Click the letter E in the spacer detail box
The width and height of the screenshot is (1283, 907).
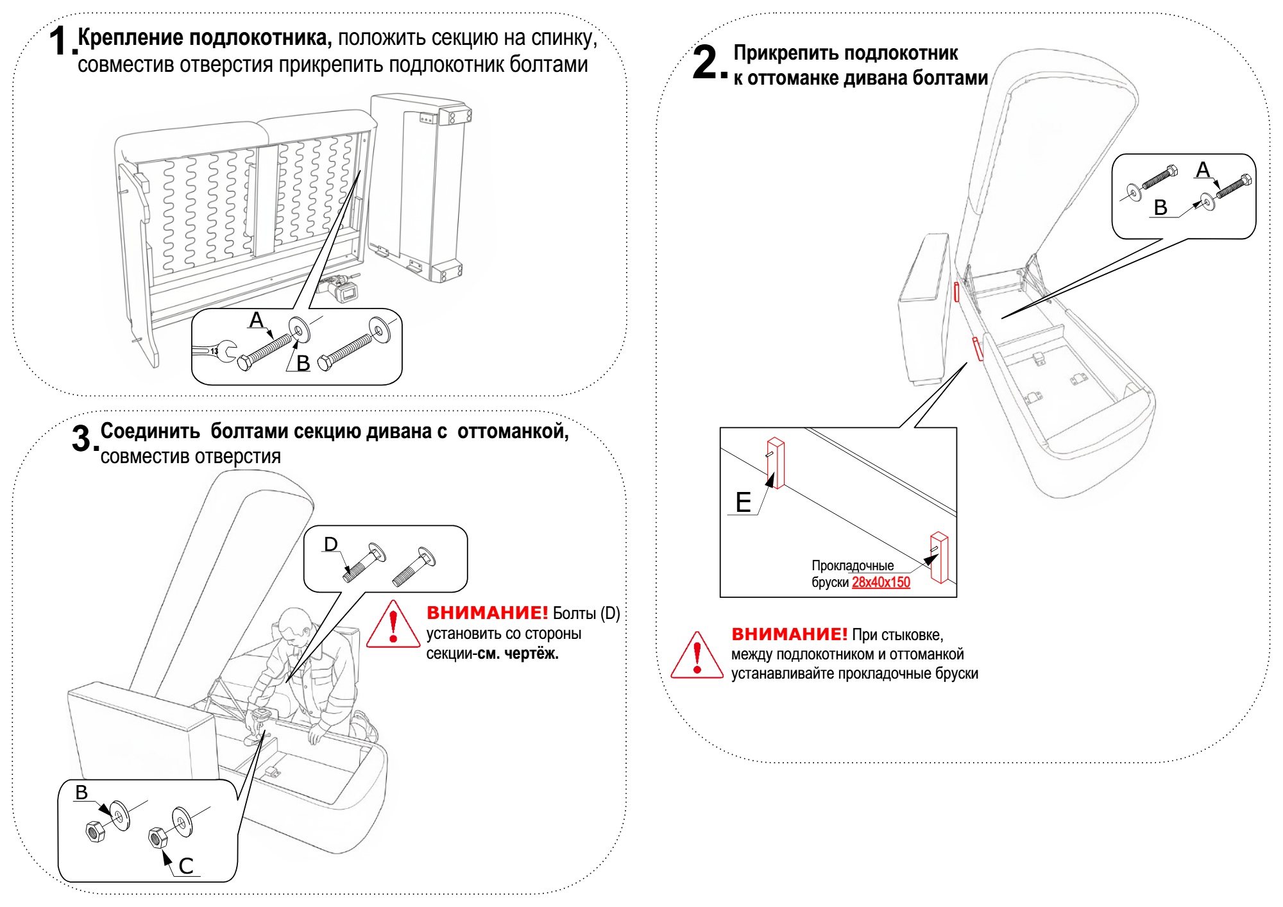coord(743,502)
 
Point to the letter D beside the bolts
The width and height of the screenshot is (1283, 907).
coord(330,544)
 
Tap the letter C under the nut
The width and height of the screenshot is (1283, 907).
coord(186,866)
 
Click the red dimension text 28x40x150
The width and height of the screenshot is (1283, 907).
coord(881,582)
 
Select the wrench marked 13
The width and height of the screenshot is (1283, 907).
coord(214,350)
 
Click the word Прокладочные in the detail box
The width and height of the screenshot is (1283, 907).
coord(853,566)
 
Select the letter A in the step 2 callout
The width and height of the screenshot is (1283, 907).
coord(1203,170)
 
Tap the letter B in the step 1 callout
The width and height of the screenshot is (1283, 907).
coord(303,363)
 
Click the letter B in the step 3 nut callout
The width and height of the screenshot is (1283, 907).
coord(81,793)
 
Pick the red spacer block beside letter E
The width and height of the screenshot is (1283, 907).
coord(776,463)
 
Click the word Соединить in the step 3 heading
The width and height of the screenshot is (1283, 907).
coord(150,431)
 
